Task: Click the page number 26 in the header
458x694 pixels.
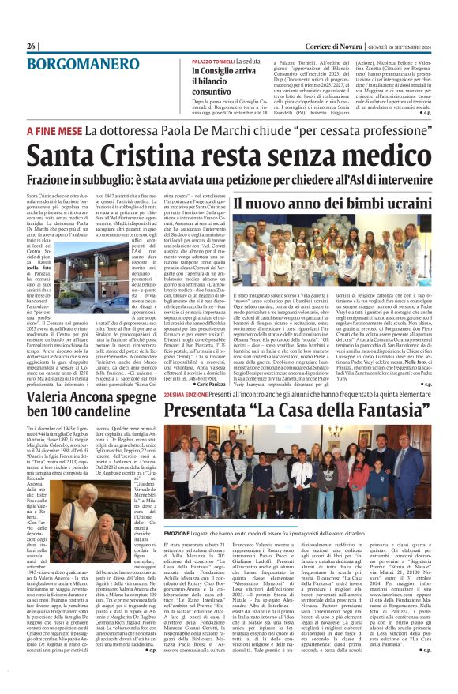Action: (x=32, y=46)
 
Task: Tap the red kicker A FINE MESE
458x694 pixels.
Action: (x=54, y=129)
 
